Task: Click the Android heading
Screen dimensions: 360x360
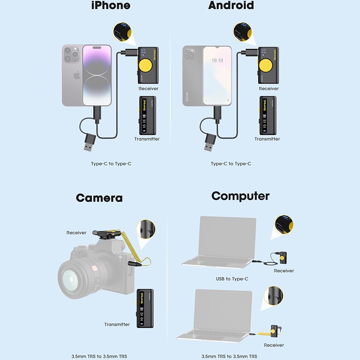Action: pos(231,5)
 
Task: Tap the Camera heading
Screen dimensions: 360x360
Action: pos(99,198)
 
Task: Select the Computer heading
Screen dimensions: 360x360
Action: pos(240,196)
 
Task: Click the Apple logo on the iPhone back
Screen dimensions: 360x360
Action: pos(76,76)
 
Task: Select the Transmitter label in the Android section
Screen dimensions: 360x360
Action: pos(267,139)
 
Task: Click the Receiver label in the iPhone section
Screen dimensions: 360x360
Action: pos(148,89)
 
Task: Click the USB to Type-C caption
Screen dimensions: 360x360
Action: pos(232,279)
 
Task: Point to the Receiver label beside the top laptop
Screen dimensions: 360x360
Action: pos(284,271)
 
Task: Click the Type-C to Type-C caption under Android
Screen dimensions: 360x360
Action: pos(231,164)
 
